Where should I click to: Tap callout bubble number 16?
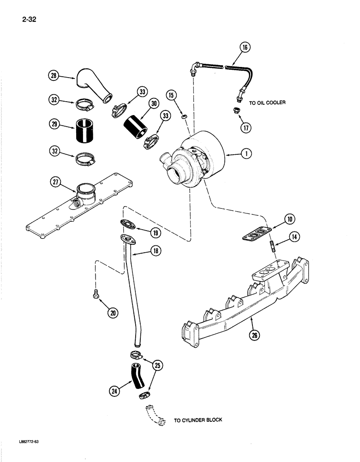(x=244, y=47)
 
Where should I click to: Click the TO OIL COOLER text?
(x=267, y=103)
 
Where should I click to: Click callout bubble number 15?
(x=172, y=96)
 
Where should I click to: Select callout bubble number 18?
(x=156, y=252)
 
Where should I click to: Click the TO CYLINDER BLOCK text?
(x=198, y=420)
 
